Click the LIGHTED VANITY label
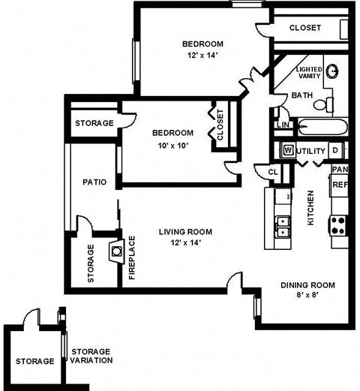tap(309, 74)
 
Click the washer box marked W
tap(287, 150)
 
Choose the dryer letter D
tap(334, 150)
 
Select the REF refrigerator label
tap(339, 184)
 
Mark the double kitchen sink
tap(283, 226)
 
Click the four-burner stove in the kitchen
tap(338, 223)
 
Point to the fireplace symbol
tap(115, 251)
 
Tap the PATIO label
tap(94, 182)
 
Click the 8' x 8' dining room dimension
tap(308, 296)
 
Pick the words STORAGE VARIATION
tap(91, 356)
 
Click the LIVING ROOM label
tap(185, 231)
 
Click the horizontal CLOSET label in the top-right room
tap(305, 28)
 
